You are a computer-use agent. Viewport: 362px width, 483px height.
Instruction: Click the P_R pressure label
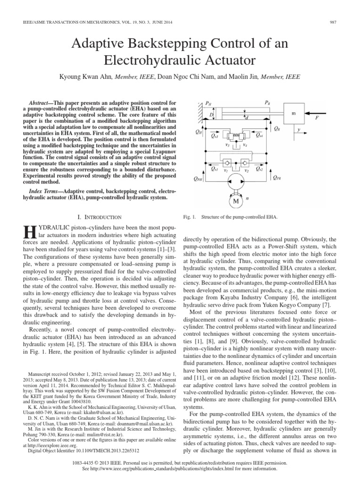[x=267, y=102]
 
